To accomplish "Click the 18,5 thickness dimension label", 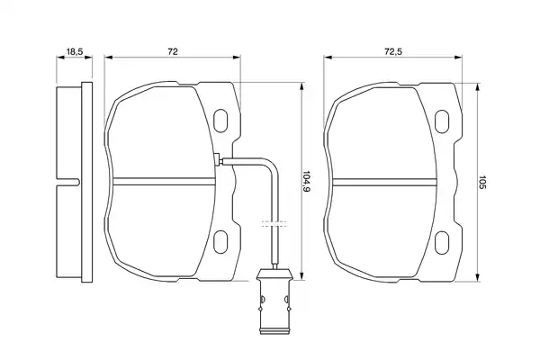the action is (75, 52).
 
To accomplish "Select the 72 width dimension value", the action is (173, 51).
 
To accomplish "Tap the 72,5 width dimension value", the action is (393, 51).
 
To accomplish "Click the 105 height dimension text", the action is (481, 182).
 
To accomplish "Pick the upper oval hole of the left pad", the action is (220, 121).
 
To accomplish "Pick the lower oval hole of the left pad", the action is (220, 242).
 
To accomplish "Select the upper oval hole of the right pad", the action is (442, 121).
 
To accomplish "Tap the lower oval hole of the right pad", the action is (442, 243).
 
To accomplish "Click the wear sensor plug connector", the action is (274, 301).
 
